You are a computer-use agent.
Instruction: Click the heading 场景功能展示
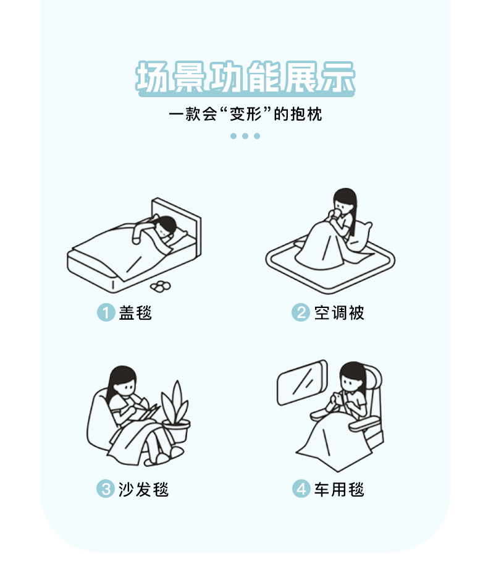[245, 77]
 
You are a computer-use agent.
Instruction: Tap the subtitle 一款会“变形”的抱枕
[245, 114]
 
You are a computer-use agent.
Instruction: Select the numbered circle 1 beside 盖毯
[106, 312]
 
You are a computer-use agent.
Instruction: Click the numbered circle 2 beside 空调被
[301, 312]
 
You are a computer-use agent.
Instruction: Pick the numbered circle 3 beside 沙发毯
[106, 489]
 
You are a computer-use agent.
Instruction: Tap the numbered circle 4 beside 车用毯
[301, 489]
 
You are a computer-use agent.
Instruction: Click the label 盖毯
[135, 313]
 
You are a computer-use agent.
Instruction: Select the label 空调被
[339, 313]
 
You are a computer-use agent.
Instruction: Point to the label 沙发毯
[143, 489]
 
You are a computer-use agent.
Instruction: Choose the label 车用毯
[339, 489]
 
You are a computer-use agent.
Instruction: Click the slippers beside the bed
[161, 286]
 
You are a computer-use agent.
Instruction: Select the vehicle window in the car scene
[302, 382]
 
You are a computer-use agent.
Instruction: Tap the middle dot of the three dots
[245, 136]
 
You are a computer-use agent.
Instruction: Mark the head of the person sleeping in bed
[166, 226]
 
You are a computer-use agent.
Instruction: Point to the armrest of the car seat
[364, 425]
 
